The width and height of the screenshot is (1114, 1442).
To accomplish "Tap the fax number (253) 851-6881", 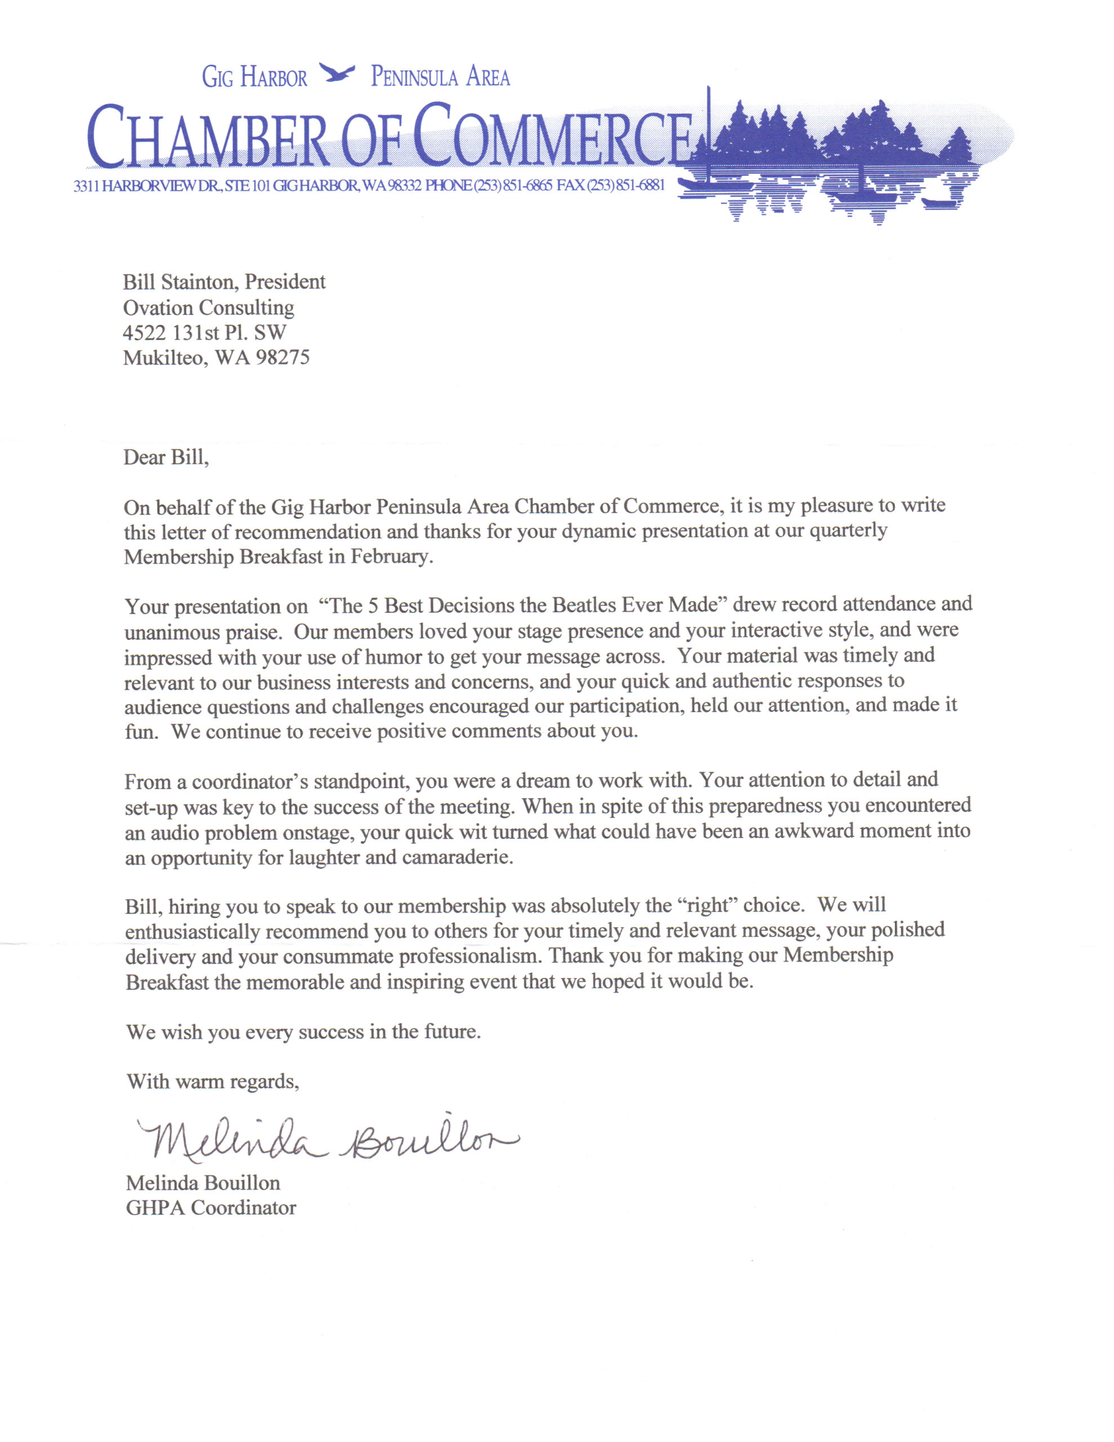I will [x=625, y=185].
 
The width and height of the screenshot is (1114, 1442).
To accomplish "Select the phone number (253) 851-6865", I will [x=513, y=185].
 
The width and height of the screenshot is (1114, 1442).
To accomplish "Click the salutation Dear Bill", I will [x=166, y=457].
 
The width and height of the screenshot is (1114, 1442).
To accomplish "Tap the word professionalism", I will [x=468, y=956].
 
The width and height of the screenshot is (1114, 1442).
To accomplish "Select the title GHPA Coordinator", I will [x=211, y=1208].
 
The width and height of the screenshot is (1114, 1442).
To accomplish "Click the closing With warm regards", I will [x=213, y=1081].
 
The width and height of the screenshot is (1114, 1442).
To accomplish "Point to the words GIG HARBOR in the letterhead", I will [x=254, y=77].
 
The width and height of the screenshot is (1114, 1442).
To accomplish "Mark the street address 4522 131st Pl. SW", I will [x=204, y=333].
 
